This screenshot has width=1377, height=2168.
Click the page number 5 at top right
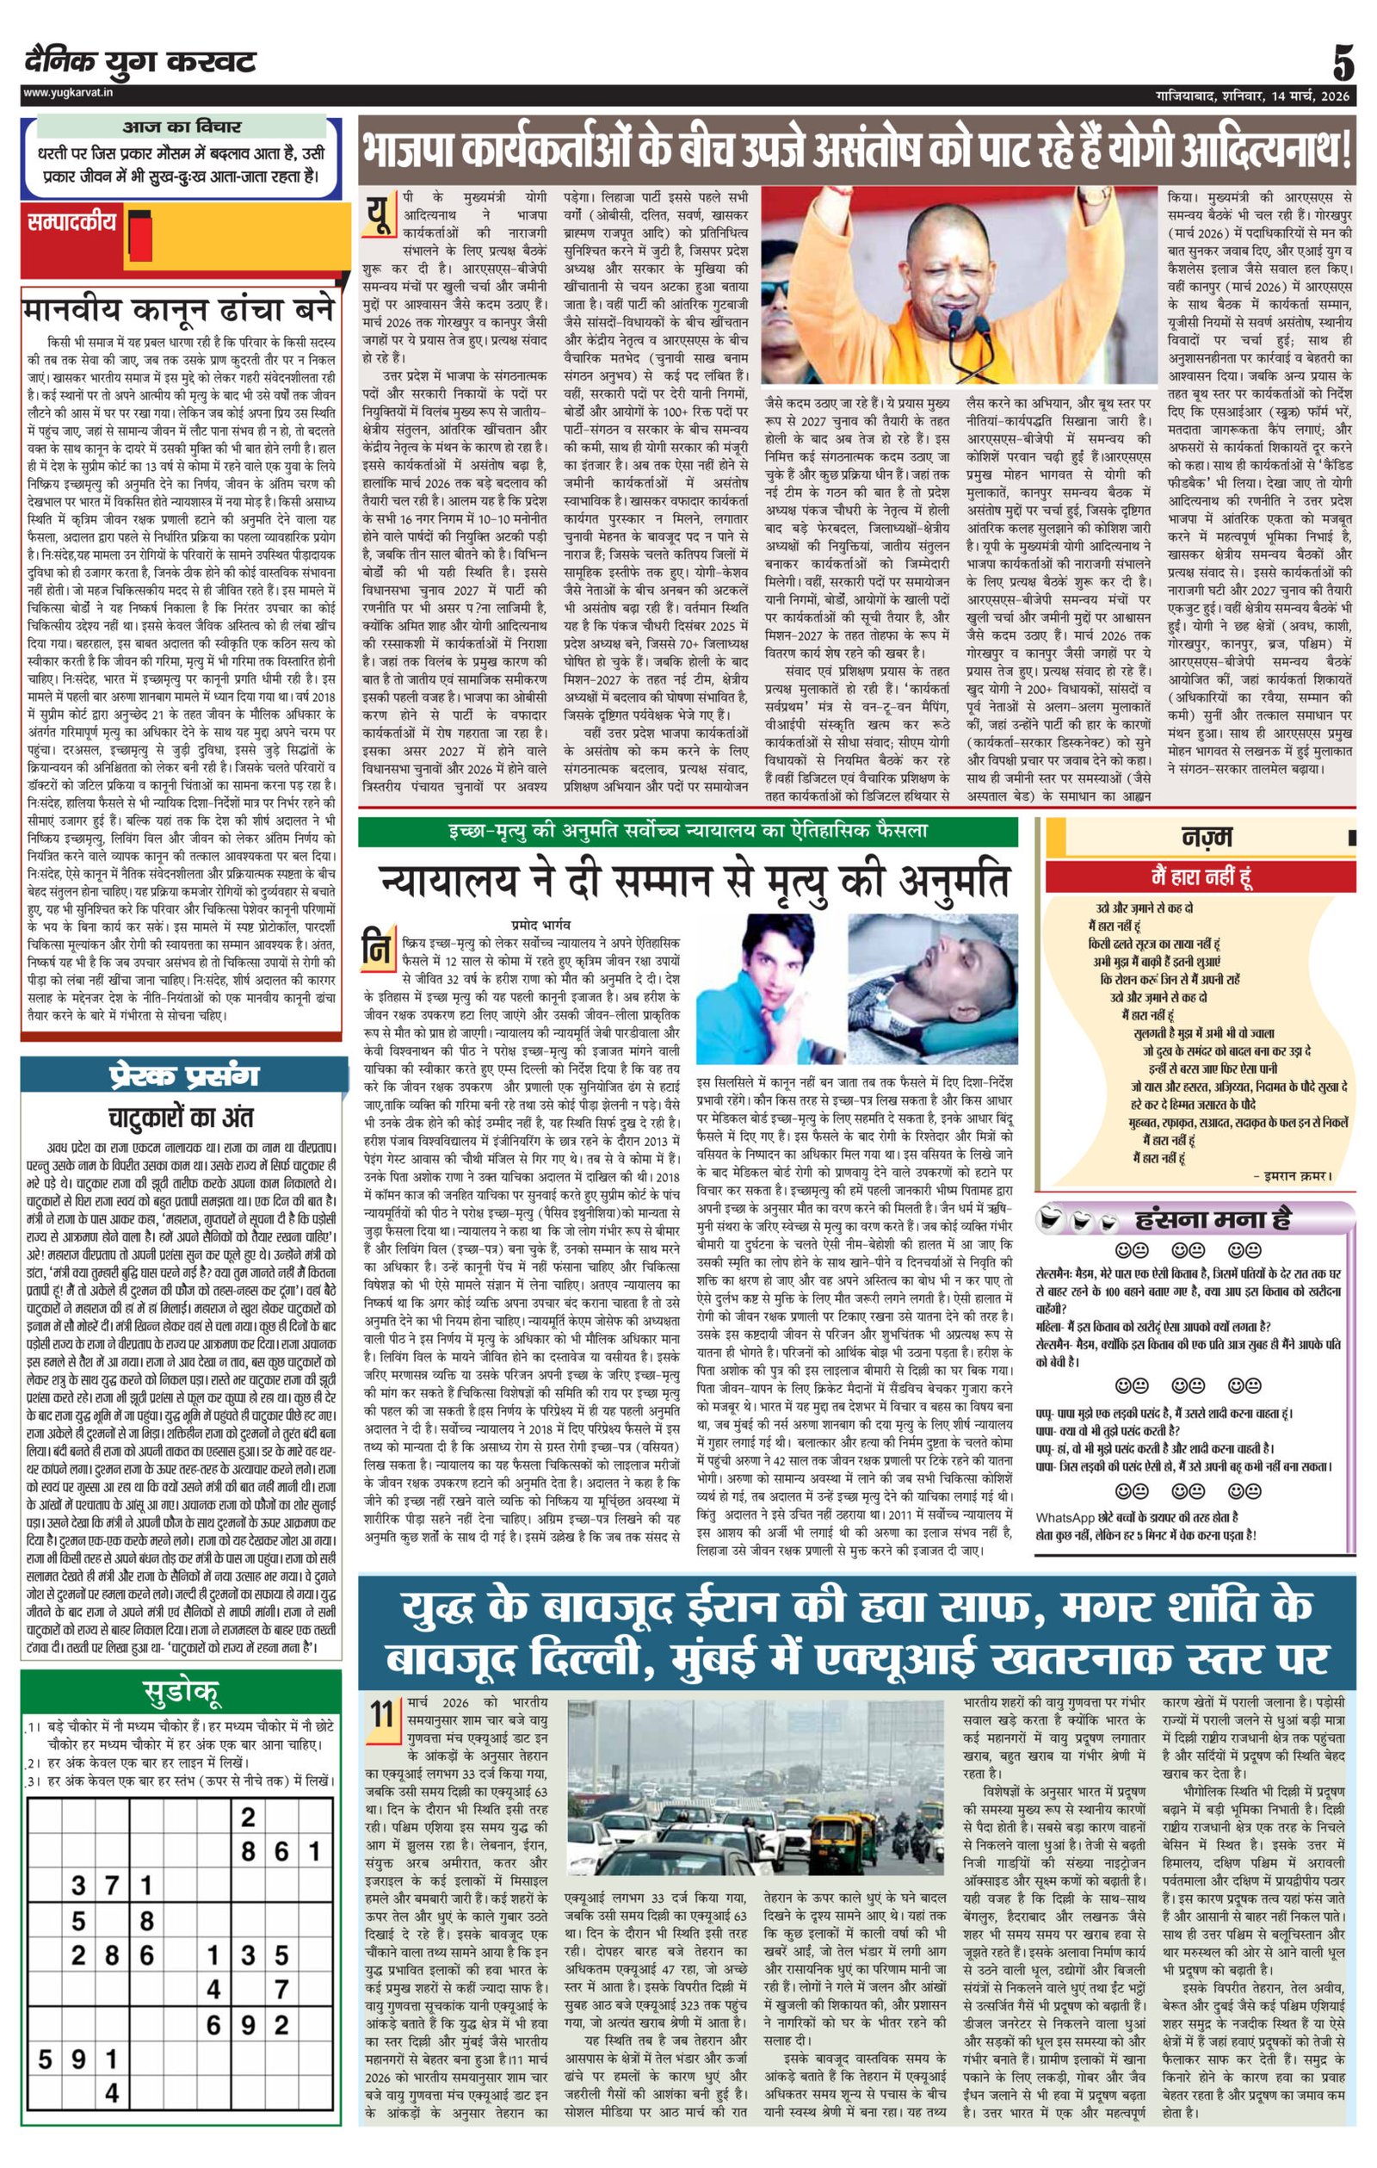tap(1343, 65)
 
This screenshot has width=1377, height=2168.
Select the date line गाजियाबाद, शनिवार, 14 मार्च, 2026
tap(1253, 96)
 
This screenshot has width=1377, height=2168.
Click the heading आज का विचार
tap(181, 127)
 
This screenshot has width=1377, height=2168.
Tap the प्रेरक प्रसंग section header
tap(183, 1075)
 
